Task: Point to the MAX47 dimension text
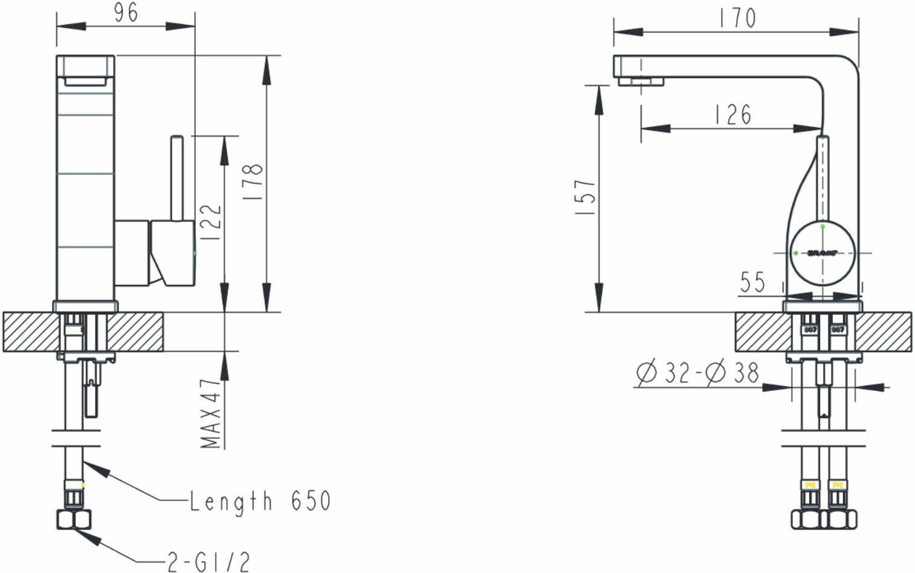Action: tap(210, 413)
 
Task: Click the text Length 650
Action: tap(260, 501)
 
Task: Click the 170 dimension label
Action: tap(737, 18)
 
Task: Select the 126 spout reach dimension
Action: tap(732, 114)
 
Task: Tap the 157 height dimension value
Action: tap(586, 198)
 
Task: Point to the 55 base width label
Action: tap(752, 282)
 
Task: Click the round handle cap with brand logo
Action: tap(823, 252)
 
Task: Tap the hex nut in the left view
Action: tap(74, 519)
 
